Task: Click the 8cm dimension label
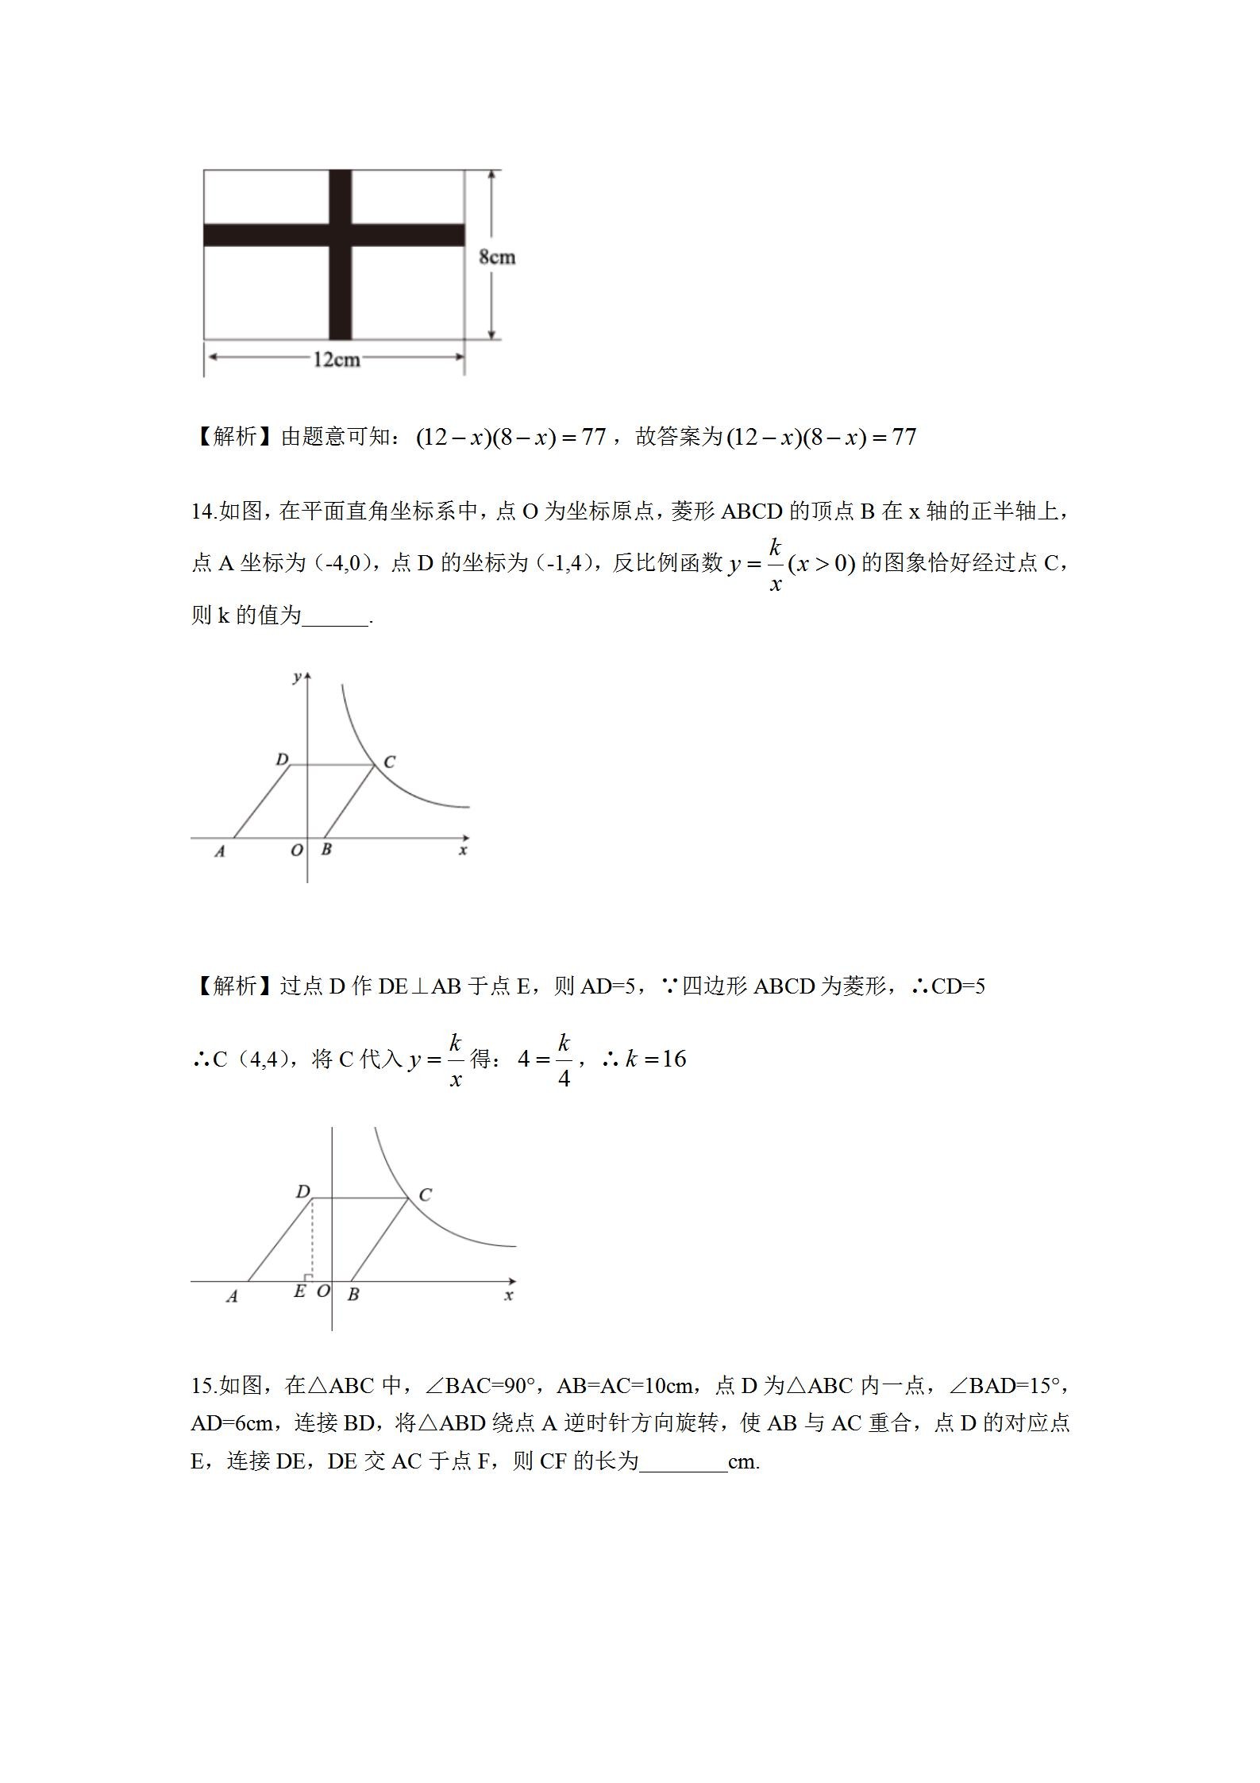(497, 257)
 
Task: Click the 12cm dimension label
(336, 360)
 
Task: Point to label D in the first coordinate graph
(281, 759)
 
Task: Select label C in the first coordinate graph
(389, 762)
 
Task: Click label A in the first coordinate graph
(220, 851)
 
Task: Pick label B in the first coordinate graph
(326, 849)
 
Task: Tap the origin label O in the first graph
(296, 851)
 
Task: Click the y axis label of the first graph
(297, 676)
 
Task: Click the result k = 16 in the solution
(655, 1059)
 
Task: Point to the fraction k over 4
(564, 1059)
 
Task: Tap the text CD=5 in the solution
(958, 986)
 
